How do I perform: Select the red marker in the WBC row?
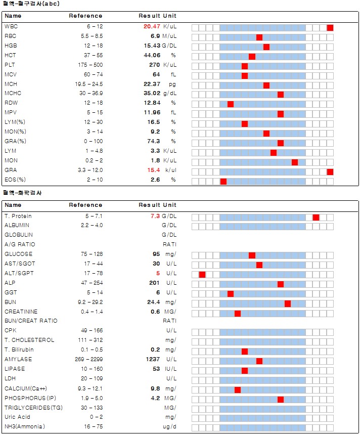point(330,27)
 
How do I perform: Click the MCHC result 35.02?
point(152,95)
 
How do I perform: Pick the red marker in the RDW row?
point(231,104)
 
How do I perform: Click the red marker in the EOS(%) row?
point(223,181)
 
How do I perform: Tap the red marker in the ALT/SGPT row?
point(202,275)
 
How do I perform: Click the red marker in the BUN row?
point(288,303)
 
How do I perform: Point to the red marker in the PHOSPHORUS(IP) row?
point(281,400)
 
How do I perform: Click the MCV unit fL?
point(172,75)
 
